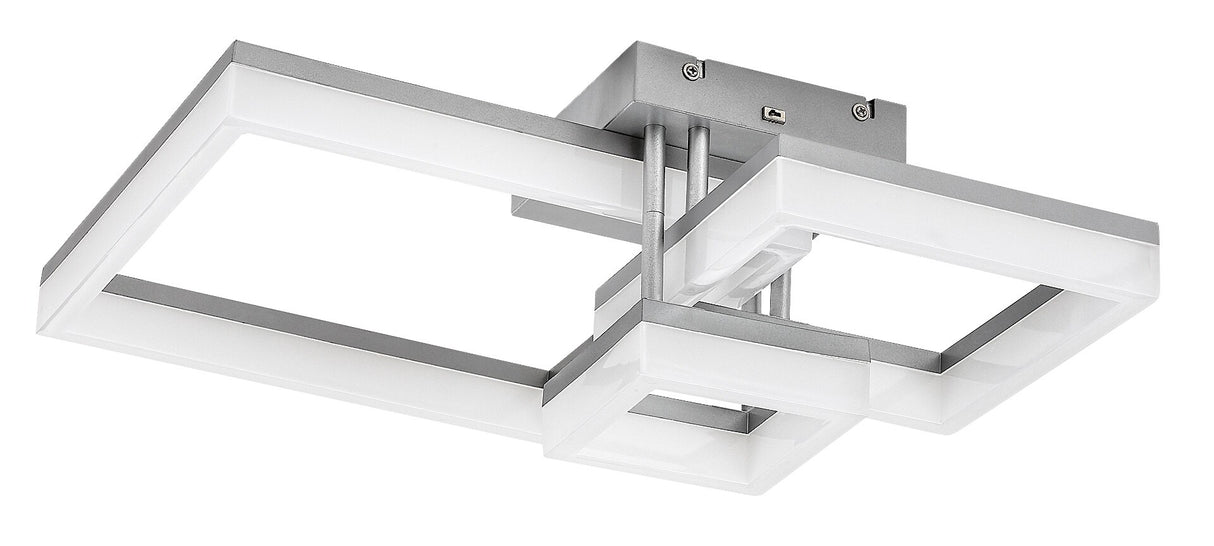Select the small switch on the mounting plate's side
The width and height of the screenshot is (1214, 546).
pyautogui.click(x=771, y=113)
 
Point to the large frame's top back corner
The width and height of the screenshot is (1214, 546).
pyautogui.click(x=240, y=46)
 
